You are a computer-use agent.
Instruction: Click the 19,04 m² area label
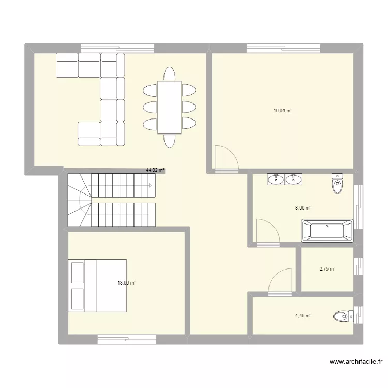click(x=283, y=110)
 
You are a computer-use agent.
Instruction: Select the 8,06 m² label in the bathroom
click(x=303, y=208)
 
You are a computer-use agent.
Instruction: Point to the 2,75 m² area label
click(x=327, y=269)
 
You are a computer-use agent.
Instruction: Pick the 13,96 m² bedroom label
click(x=126, y=283)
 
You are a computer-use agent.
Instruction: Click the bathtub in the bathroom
click(x=327, y=231)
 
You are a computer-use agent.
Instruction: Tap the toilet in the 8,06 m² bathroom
click(x=338, y=184)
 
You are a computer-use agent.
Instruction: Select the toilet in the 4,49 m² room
click(x=342, y=315)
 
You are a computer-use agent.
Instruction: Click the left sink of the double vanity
click(x=275, y=180)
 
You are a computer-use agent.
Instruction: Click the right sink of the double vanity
click(x=293, y=180)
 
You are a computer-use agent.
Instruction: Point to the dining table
click(x=169, y=107)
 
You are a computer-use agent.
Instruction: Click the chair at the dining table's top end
click(x=169, y=73)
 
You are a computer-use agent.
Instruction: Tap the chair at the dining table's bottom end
click(x=169, y=141)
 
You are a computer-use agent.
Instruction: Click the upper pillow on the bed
click(x=78, y=273)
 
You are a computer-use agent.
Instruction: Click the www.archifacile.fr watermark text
click(x=356, y=362)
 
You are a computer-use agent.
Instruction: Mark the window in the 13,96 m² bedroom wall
click(x=127, y=339)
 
